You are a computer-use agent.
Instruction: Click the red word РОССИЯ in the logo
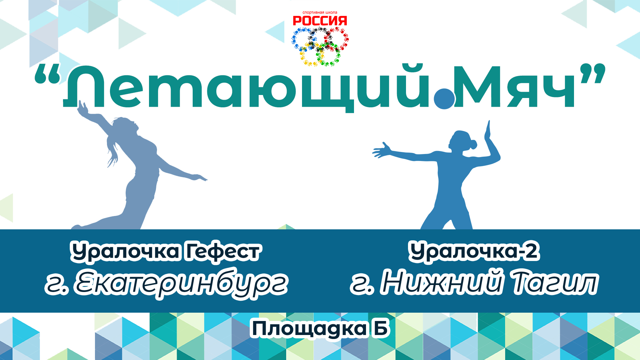320,21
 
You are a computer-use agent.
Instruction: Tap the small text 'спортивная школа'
320,13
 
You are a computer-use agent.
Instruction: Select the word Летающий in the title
247,87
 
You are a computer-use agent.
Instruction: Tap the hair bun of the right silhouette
472,145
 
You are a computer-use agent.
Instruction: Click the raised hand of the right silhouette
488,132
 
